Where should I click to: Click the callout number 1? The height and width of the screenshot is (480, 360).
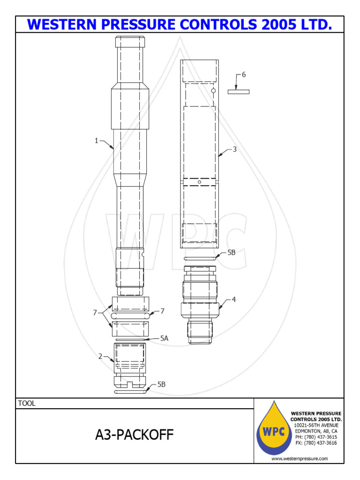(97, 141)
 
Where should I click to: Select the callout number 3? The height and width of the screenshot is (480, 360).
(234, 150)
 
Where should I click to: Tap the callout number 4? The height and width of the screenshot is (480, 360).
(233, 300)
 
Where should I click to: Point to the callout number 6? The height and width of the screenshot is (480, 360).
(243, 75)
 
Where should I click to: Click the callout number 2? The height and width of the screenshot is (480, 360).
(100, 356)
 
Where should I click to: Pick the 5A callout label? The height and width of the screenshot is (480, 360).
(164, 337)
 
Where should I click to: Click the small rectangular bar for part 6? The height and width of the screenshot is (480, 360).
(238, 91)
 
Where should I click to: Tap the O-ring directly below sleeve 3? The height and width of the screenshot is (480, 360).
(200, 258)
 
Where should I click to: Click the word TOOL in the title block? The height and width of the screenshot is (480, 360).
(27, 403)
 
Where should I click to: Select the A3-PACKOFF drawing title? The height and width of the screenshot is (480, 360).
(134, 435)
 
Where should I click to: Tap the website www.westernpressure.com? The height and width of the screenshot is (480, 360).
(300, 458)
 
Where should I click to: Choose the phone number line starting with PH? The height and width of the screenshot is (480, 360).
(316, 437)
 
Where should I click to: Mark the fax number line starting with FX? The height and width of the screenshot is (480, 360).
(316, 443)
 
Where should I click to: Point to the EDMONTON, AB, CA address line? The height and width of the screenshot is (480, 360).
(316, 431)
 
